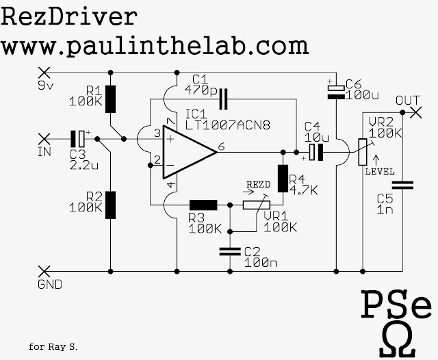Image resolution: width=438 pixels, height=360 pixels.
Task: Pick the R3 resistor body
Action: click(x=203, y=204)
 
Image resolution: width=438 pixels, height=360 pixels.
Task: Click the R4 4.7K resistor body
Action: click(x=281, y=179)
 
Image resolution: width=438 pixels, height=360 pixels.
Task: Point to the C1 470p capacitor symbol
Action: click(x=222, y=101)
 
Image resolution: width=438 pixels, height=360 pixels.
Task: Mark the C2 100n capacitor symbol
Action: click(x=228, y=252)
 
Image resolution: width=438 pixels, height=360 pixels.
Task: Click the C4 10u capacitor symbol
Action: click(x=315, y=152)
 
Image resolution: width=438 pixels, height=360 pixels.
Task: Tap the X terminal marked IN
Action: click(x=46, y=138)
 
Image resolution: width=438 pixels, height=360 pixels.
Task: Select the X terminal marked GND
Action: click(x=46, y=271)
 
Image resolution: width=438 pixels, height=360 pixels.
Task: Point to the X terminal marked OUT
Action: click(x=413, y=112)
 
